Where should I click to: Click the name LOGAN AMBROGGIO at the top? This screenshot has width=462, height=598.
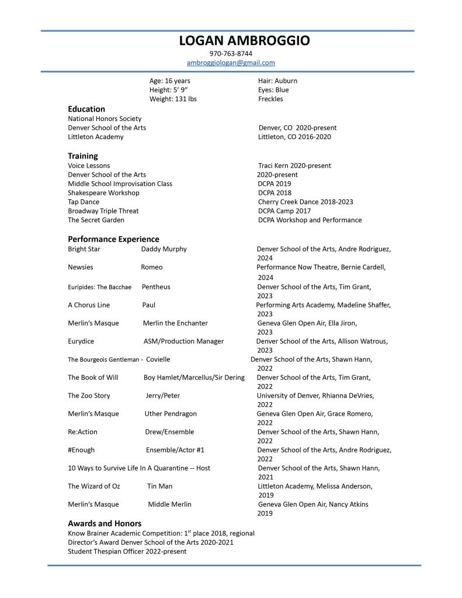[244, 40]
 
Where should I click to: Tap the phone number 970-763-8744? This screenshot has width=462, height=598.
[231, 53]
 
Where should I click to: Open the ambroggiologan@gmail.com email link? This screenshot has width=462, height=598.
[231, 63]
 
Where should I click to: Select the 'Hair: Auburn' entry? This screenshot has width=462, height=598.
[277, 81]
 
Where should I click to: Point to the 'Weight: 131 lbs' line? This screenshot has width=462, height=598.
[173, 99]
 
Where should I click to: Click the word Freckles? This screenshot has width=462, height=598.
[270, 99]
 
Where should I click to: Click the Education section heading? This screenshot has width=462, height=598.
[86, 109]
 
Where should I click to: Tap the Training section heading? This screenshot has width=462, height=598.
[83, 156]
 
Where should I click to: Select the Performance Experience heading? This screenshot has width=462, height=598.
[113, 239]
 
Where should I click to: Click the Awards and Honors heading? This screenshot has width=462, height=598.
[105, 523]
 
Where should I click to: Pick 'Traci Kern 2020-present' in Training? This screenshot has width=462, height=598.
[294, 165]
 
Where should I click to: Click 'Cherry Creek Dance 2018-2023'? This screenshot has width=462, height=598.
[305, 202]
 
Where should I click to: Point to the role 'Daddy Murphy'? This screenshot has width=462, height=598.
[164, 249]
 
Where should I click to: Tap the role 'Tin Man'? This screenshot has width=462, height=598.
[160, 486]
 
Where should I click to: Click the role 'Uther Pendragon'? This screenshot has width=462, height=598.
[171, 413]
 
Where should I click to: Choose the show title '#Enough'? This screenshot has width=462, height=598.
[81, 450]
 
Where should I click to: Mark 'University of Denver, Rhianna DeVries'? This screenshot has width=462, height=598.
[315, 395]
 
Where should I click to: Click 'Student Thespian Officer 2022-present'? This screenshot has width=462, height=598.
[127, 551]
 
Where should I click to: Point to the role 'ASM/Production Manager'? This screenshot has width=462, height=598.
[183, 341]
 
